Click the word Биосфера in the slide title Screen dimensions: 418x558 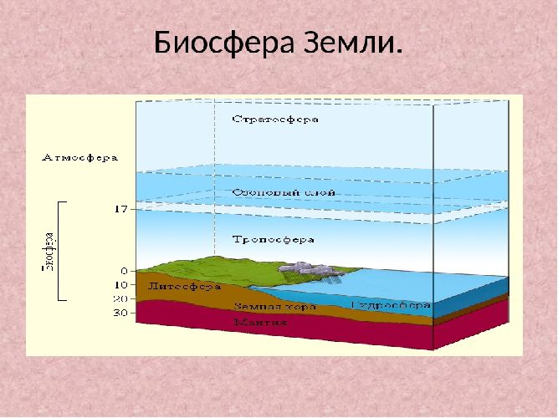tap(223, 42)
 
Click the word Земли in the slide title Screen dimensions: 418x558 tap(351, 42)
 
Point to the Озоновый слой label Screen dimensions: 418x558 tap(272, 192)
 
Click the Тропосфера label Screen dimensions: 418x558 tap(273, 239)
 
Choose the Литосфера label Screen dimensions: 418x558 tap(184, 287)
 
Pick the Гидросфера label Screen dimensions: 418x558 tap(391, 303)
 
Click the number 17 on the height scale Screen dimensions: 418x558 tap(120, 209)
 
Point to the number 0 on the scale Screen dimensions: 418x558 tap(123, 271)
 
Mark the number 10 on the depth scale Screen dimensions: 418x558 tap(119, 285)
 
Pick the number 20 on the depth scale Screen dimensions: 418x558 tap(119, 298)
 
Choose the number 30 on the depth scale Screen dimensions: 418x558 tap(119, 313)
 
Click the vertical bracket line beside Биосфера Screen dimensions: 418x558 tap(59, 250)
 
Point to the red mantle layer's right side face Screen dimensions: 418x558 tap(471, 328)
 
